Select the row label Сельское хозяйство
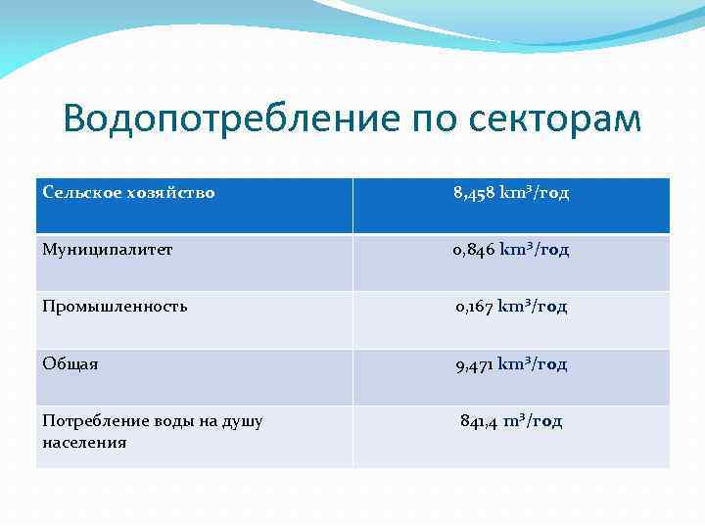click(x=128, y=192)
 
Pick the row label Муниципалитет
click(x=108, y=249)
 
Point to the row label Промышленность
click(x=115, y=306)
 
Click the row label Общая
click(x=70, y=363)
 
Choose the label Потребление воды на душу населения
click(x=153, y=431)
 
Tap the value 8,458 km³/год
click(x=511, y=193)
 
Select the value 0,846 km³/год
click(x=511, y=250)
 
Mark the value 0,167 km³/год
click(x=511, y=307)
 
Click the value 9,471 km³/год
click(x=511, y=364)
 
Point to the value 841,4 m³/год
click(x=511, y=421)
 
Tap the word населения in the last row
click(x=84, y=442)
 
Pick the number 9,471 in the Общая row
click(x=475, y=364)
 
